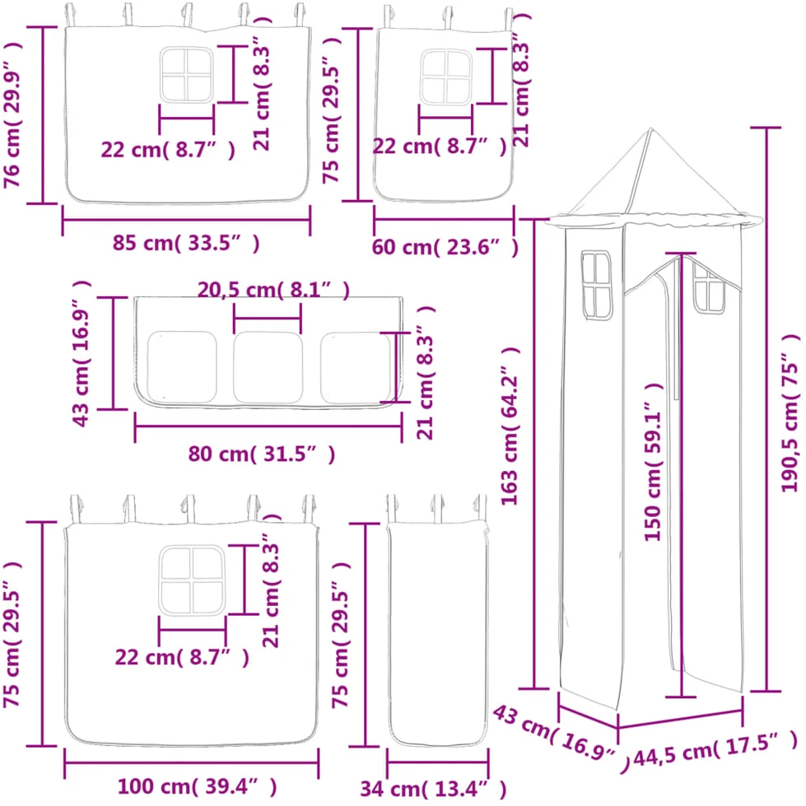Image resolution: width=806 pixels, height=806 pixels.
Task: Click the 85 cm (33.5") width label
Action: point(186,243)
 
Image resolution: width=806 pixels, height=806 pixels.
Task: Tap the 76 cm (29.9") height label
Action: point(12,114)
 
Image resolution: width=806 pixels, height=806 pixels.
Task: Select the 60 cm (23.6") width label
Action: point(445,247)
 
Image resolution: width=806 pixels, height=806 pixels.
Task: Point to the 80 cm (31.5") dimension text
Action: point(262,454)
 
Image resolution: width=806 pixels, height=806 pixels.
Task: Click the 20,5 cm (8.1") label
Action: point(273,291)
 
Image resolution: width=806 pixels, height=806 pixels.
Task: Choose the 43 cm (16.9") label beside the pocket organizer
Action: point(82,354)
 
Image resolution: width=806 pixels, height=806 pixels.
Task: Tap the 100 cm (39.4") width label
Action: point(198,786)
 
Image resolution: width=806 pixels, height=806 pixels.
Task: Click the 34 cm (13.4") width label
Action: point(433,789)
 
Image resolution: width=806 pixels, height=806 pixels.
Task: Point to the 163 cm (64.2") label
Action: point(510,426)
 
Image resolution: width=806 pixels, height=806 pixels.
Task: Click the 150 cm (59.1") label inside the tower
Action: point(654,462)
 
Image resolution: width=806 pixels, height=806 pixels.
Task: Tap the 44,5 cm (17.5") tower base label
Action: point(715,750)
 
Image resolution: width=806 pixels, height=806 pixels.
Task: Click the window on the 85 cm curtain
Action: point(186,75)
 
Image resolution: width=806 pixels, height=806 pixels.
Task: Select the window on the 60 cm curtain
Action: point(445,77)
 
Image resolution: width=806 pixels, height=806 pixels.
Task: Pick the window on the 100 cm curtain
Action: point(193,580)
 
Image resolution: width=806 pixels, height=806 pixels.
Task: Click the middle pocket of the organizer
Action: point(268,367)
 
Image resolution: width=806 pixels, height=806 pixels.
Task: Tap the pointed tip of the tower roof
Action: point(650,128)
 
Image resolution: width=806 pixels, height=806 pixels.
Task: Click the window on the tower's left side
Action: point(596,286)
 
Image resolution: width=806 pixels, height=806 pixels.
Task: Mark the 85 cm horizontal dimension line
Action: point(186,220)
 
